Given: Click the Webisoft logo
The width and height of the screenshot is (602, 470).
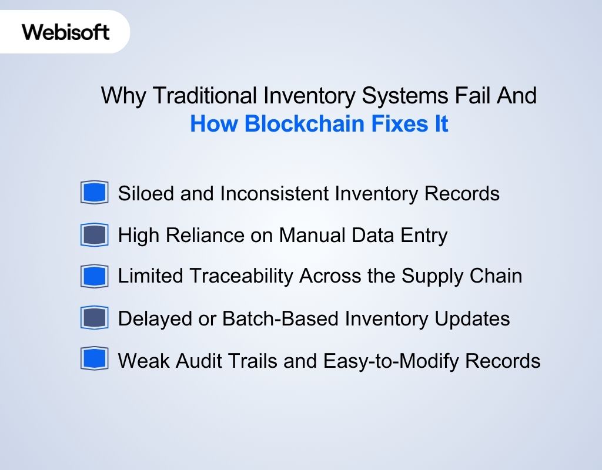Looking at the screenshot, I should (x=66, y=32).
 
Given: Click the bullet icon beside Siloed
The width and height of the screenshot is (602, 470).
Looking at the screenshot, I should (x=94, y=193).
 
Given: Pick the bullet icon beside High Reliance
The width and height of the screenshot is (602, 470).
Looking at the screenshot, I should (x=94, y=235).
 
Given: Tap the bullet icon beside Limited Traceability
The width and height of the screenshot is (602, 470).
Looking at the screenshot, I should (x=94, y=276).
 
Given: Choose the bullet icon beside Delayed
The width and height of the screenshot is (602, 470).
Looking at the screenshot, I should (x=94, y=318).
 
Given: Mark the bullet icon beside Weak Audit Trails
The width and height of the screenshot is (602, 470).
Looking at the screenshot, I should (x=94, y=360).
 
